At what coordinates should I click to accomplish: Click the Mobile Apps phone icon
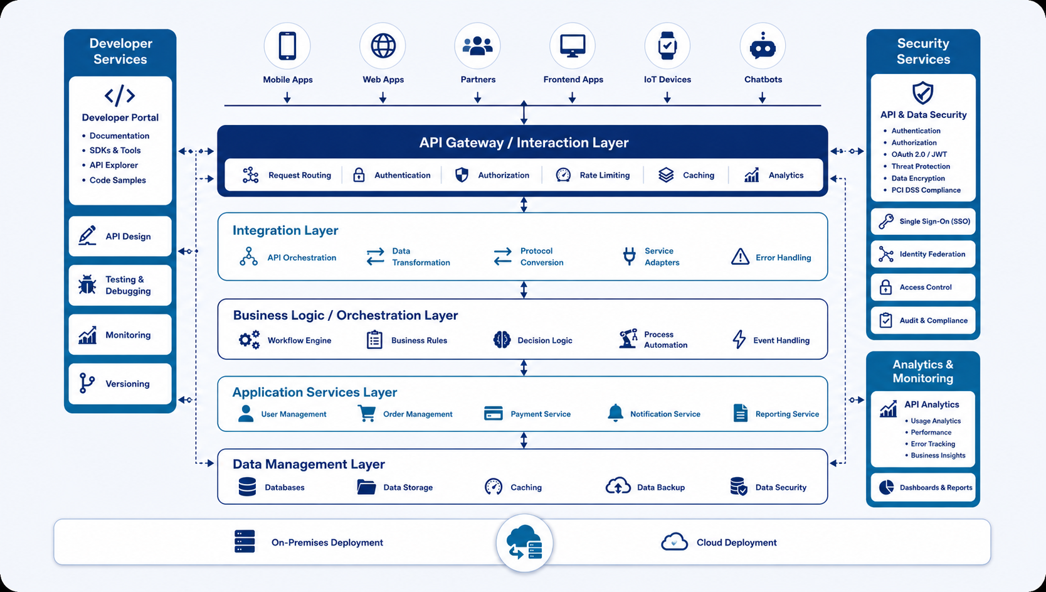click(287, 46)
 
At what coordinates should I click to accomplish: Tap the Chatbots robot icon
click(763, 46)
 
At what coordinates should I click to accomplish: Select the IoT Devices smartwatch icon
click(667, 46)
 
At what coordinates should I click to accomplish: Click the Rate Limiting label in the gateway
click(605, 175)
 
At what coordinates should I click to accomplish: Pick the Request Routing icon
click(250, 175)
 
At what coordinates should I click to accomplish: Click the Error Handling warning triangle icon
click(740, 257)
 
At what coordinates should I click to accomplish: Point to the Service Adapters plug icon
click(630, 256)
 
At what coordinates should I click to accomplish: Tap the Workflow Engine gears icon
click(250, 340)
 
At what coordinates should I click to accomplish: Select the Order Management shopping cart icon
click(367, 413)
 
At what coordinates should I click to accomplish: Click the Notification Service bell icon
click(615, 413)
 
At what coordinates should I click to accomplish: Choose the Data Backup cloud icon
click(618, 487)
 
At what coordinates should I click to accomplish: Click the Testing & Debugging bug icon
click(87, 285)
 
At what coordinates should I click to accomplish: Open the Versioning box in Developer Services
click(120, 384)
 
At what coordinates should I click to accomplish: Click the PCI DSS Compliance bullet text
click(926, 190)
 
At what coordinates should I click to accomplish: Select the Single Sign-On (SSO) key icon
click(886, 221)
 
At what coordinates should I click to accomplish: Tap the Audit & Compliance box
click(923, 320)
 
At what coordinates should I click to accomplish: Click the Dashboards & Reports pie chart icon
click(886, 487)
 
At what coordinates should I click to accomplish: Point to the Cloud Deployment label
click(736, 542)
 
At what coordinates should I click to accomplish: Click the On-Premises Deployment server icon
click(245, 542)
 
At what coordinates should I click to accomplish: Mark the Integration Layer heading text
click(285, 230)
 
